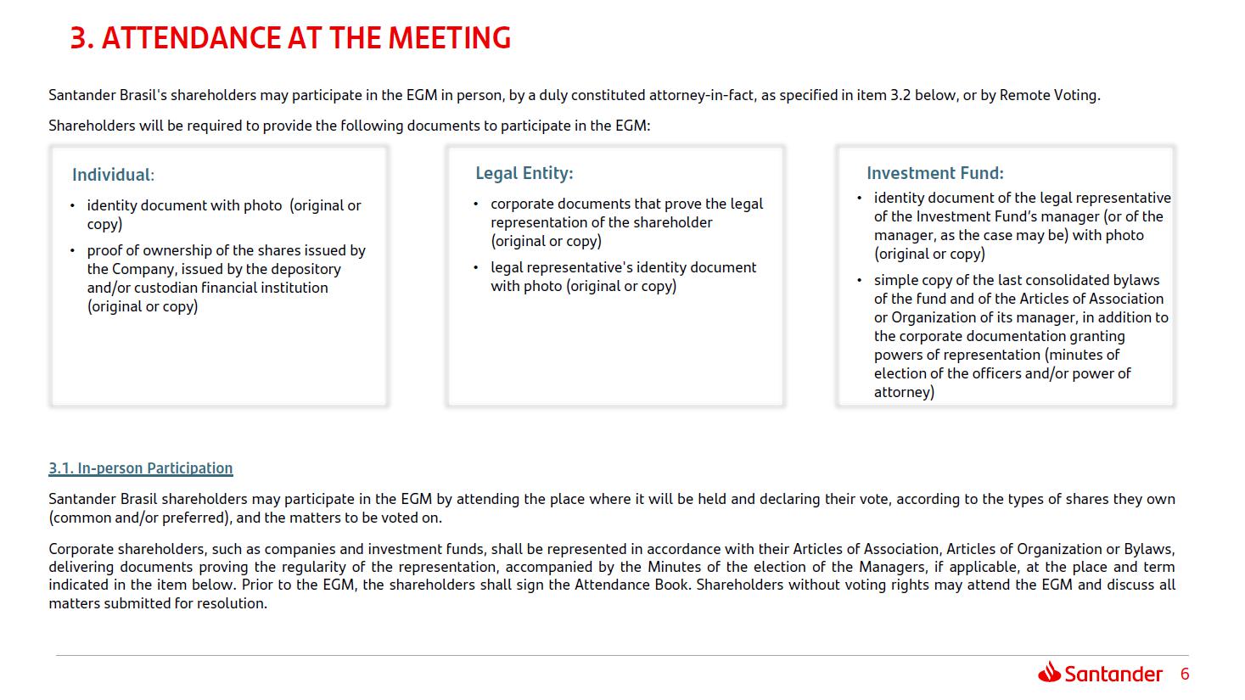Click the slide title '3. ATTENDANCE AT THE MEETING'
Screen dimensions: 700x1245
[290, 38]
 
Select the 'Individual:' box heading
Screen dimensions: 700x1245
[113, 175]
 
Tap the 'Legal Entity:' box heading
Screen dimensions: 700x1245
[524, 173]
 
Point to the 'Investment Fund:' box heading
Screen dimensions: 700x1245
[934, 173]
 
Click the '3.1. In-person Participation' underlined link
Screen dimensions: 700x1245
[140, 468]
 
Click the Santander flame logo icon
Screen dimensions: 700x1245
[1049, 673]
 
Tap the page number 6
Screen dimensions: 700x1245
[1185, 675]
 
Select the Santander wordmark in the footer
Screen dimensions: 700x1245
[1113, 675]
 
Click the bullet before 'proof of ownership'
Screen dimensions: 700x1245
[73, 251]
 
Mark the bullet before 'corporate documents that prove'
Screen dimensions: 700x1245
[476, 204]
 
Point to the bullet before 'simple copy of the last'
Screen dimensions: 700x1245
[860, 281]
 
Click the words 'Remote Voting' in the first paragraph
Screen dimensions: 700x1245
[1048, 95]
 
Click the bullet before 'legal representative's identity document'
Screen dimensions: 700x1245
[476, 268]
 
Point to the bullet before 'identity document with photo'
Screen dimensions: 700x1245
[73, 206]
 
